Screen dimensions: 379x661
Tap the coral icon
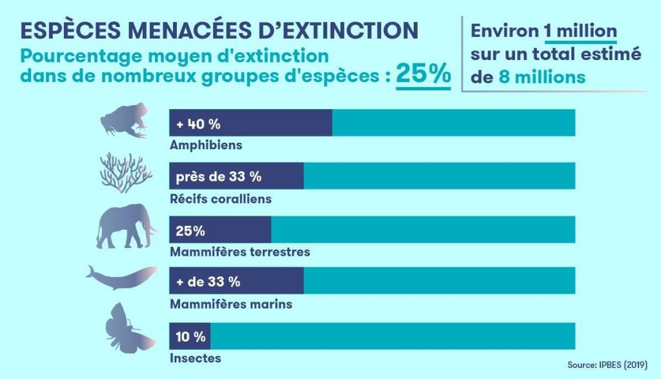click(126, 174)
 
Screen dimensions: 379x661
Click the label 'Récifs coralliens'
click(220, 199)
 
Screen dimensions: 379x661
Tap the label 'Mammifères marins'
click(230, 304)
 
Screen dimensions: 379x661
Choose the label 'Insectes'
click(195, 358)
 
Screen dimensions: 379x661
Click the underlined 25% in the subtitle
click(423, 73)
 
